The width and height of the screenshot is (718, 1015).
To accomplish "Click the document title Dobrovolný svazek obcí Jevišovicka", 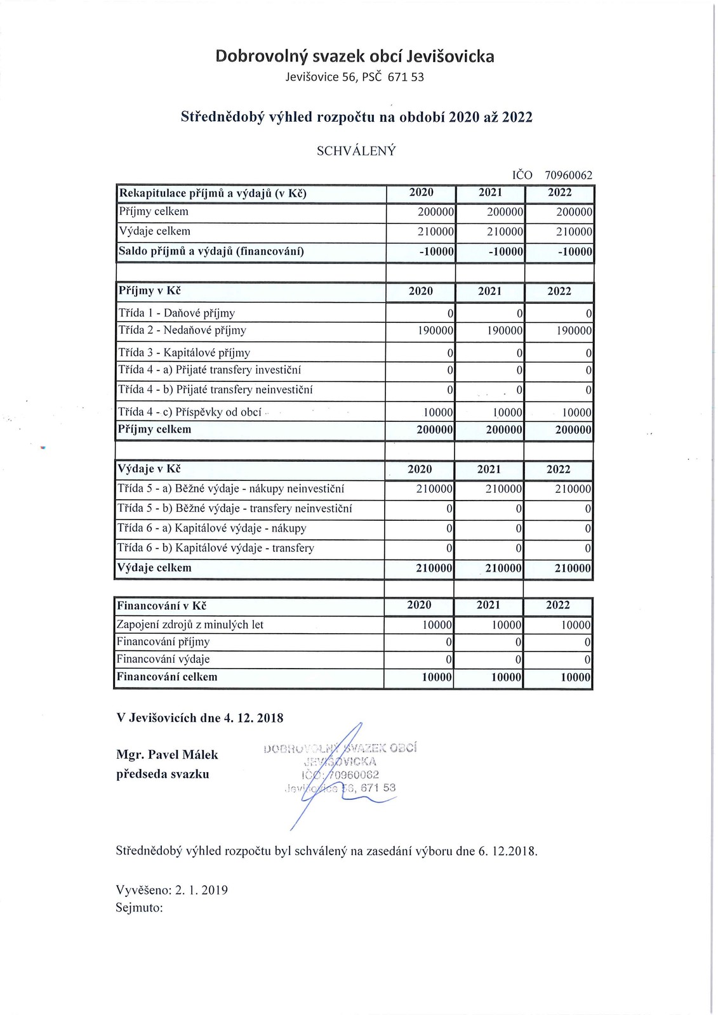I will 355,56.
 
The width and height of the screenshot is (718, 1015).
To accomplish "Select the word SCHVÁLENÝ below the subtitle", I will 356,151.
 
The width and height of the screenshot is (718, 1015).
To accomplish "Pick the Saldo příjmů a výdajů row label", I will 211,251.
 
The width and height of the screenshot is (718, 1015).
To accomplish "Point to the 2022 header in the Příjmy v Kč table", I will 559,291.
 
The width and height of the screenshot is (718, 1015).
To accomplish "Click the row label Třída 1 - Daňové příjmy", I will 176,313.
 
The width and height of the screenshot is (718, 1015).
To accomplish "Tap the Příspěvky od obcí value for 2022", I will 576,412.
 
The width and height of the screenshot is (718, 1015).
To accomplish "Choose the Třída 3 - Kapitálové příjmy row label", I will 184,353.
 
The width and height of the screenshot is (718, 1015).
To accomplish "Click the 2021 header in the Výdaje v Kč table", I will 489,469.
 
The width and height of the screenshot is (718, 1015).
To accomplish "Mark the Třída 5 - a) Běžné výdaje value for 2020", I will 434,489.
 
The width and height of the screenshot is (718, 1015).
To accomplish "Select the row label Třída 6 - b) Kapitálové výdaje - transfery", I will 215,548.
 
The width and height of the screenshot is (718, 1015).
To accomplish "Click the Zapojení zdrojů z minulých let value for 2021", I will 506,625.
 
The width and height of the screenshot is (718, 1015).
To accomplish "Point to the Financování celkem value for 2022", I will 575,678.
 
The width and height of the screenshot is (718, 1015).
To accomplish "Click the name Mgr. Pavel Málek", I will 167,755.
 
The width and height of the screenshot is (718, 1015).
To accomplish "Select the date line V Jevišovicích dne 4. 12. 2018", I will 200,718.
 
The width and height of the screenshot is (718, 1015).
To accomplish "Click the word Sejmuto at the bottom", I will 139,908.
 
